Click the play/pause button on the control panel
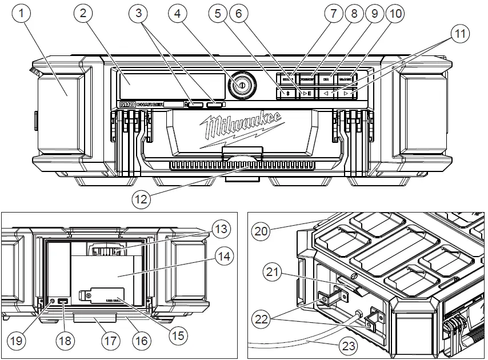(307, 93)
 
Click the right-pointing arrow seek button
(346, 92)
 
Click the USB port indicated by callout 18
(63, 301)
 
